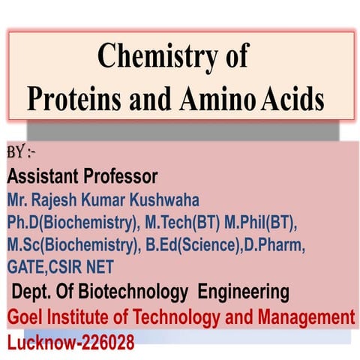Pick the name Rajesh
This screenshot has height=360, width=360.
click(63, 201)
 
